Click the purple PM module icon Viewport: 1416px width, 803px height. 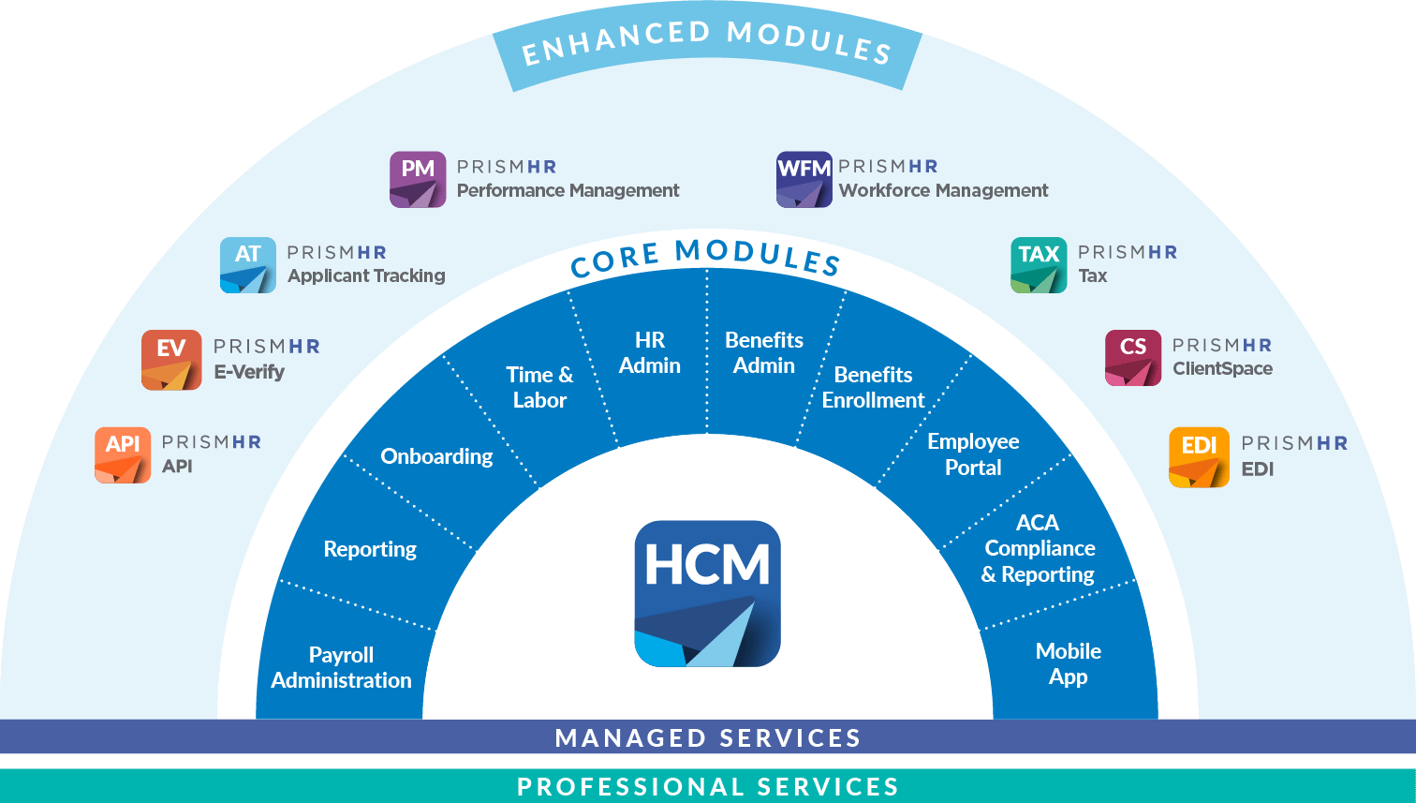[x=418, y=179]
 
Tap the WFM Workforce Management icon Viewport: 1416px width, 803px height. [x=804, y=179]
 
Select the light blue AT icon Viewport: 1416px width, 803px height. [x=248, y=265]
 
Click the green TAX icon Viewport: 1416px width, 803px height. [x=1039, y=265]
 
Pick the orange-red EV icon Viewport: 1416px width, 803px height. [x=171, y=360]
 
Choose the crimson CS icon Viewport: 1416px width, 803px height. [x=1133, y=358]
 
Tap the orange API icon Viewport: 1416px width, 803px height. [x=123, y=455]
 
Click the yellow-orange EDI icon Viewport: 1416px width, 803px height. [x=1199, y=457]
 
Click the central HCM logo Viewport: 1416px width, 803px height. [x=707, y=593]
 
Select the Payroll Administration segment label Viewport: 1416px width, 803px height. [x=341, y=667]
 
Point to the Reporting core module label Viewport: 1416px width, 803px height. [x=370, y=549]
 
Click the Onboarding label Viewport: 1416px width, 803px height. [x=436, y=456]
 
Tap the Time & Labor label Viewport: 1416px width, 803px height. [x=539, y=387]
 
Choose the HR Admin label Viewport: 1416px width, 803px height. [x=650, y=352]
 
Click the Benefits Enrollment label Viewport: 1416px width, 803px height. [x=873, y=387]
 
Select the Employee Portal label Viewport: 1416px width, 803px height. [x=973, y=454]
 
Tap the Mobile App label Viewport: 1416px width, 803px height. [x=1069, y=663]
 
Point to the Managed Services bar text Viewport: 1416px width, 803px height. [x=708, y=737]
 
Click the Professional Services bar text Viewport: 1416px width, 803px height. [x=708, y=786]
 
